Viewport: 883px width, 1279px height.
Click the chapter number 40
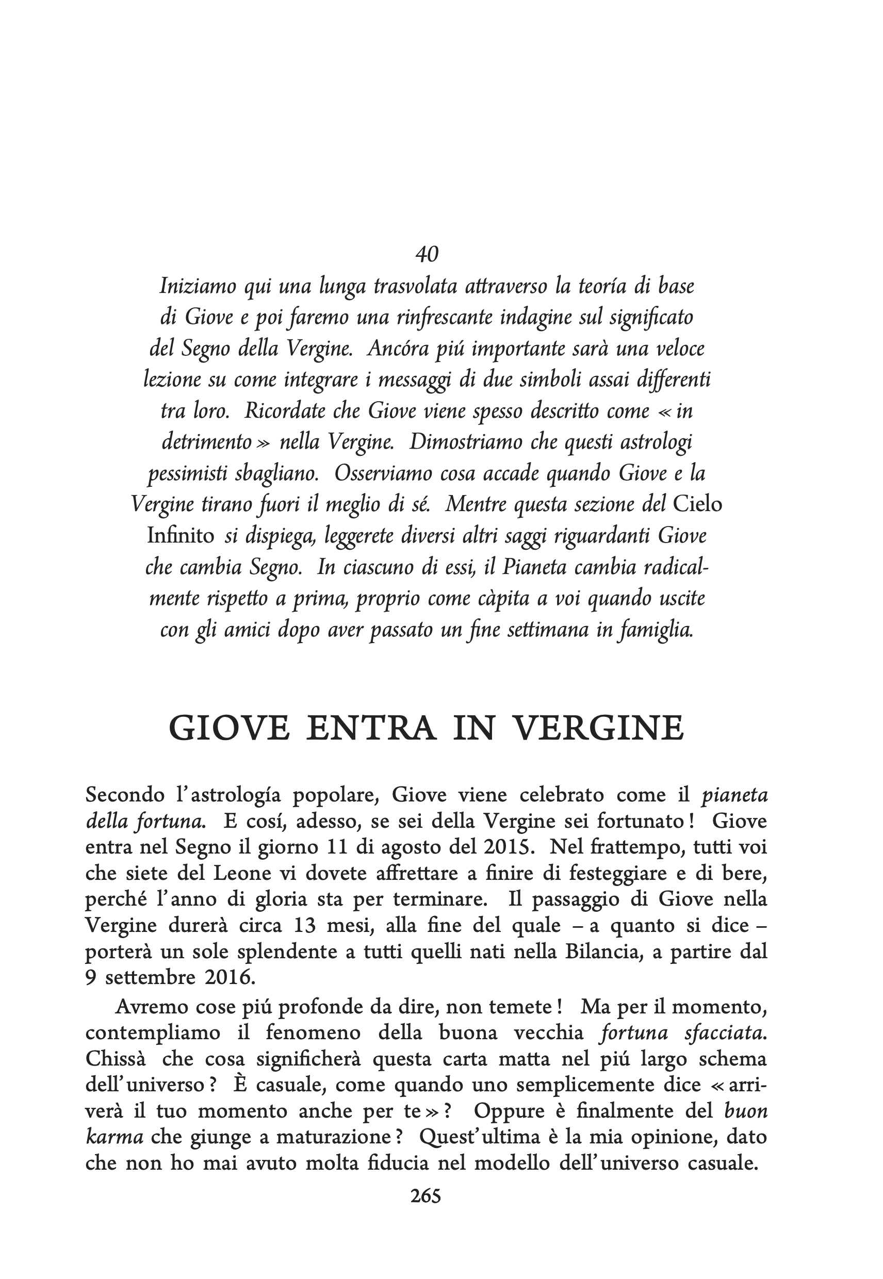pyautogui.click(x=427, y=254)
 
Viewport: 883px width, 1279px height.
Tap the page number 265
pyautogui.click(x=426, y=1196)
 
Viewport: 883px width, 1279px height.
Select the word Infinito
pyautogui.click(x=181, y=536)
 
